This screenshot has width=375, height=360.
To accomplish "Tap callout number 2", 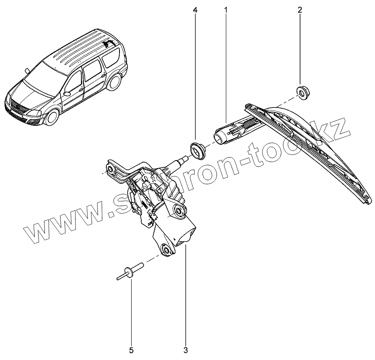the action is pyautogui.click(x=300, y=10).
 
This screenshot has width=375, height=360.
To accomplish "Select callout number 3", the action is pyautogui.click(x=186, y=350).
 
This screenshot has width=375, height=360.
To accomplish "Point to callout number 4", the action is pyautogui.click(x=195, y=10).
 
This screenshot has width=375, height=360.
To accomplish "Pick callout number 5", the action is pyautogui.click(x=131, y=350).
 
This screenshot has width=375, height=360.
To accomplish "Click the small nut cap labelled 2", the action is pyautogui.click(x=301, y=91).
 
